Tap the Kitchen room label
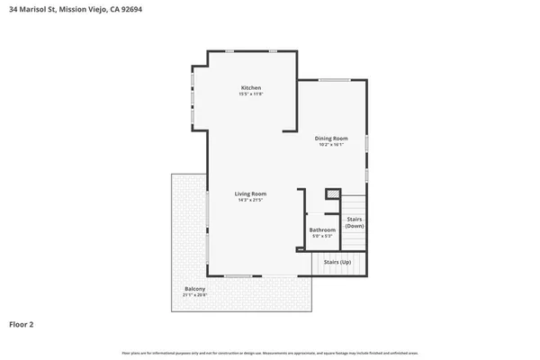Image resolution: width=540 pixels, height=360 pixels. point(250,87)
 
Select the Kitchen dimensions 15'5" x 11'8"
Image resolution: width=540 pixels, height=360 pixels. point(250,94)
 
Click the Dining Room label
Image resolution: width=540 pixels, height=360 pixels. point(331,138)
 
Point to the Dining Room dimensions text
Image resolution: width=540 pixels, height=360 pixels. point(331,144)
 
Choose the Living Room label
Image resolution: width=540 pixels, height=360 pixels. point(251,193)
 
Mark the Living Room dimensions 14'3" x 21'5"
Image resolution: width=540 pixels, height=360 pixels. point(251,200)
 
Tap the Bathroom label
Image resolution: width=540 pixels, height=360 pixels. point(322,229)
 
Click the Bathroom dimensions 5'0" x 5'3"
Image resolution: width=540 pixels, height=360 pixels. point(322,236)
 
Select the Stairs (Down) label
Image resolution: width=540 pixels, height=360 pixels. point(355,222)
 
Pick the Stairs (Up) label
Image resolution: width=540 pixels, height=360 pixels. point(337,262)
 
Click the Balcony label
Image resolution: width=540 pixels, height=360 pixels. point(194,289)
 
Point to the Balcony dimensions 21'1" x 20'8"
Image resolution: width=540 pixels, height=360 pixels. point(194,295)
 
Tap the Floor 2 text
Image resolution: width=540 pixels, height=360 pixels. point(22,324)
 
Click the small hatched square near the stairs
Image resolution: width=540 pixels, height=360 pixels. point(332,194)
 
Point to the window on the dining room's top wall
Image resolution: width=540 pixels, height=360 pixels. point(334,80)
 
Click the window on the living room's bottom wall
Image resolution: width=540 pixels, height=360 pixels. point(238,274)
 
